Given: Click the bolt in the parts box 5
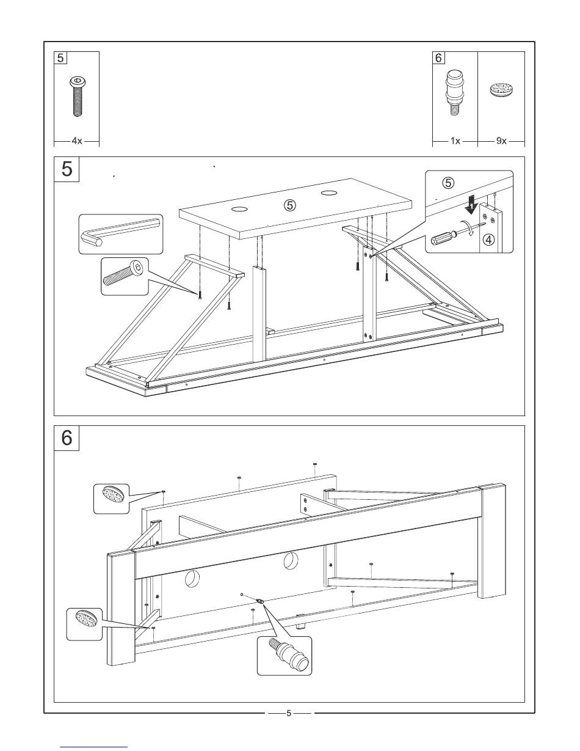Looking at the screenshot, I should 76,97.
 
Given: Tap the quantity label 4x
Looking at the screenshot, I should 76,141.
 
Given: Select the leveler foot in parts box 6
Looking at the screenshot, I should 454,92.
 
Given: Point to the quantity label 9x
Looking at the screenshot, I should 501,141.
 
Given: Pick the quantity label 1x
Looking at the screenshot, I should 455,141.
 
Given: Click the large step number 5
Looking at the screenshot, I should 67,168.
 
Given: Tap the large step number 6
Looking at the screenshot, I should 67,438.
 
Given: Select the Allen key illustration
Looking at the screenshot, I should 121,233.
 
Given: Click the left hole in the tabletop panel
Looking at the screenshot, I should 239,210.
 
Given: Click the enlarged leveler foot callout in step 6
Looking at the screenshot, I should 285,654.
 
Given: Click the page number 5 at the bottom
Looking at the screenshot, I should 289,713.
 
